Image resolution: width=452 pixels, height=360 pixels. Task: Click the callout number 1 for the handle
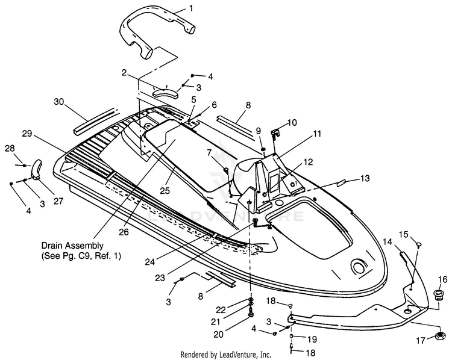click(191, 8)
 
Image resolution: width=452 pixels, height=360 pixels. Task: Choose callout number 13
click(365, 178)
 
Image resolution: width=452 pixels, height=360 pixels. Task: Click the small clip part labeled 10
click(275, 133)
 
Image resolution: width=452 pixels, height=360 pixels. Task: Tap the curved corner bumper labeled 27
click(36, 170)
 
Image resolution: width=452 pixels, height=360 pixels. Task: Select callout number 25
click(165, 190)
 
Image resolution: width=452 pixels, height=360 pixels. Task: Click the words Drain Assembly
click(72, 246)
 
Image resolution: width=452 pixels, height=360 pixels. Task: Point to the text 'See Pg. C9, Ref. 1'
click(81, 256)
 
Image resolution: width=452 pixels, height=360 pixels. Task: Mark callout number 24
click(150, 262)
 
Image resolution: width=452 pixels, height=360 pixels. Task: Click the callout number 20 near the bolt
click(219, 334)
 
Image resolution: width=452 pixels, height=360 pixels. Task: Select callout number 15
click(404, 234)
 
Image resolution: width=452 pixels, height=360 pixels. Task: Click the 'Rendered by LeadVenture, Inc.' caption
click(226, 354)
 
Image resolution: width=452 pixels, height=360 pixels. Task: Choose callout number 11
click(317, 134)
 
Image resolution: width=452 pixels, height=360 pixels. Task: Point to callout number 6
click(213, 105)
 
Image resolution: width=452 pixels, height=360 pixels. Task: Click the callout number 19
click(312, 340)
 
